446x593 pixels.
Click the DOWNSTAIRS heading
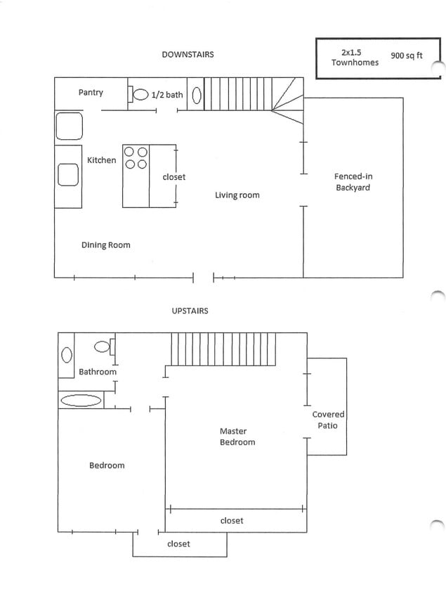tap(188, 54)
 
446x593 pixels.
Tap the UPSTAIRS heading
tap(190, 311)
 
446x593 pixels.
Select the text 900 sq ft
tap(406, 56)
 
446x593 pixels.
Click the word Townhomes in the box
tap(355, 63)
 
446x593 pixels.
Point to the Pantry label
tap(91, 92)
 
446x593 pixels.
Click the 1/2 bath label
tap(166, 95)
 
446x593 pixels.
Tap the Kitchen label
tap(101, 160)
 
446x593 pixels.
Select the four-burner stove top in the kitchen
tap(136, 157)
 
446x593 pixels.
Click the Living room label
tap(237, 195)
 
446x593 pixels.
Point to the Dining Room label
tap(105, 245)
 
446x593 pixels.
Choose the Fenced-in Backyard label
tap(352, 182)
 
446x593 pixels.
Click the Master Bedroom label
tap(237, 436)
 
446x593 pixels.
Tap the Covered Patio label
tap(328, 419)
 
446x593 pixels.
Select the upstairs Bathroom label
tap(97, 372)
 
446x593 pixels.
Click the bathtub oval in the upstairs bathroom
tap(81, 400)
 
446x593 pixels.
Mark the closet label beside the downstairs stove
tap(173, 177)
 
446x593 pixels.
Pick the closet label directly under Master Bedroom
tap(232, 521)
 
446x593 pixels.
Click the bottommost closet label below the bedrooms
tap(178, 544)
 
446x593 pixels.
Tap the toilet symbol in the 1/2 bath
tap(140, 94)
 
